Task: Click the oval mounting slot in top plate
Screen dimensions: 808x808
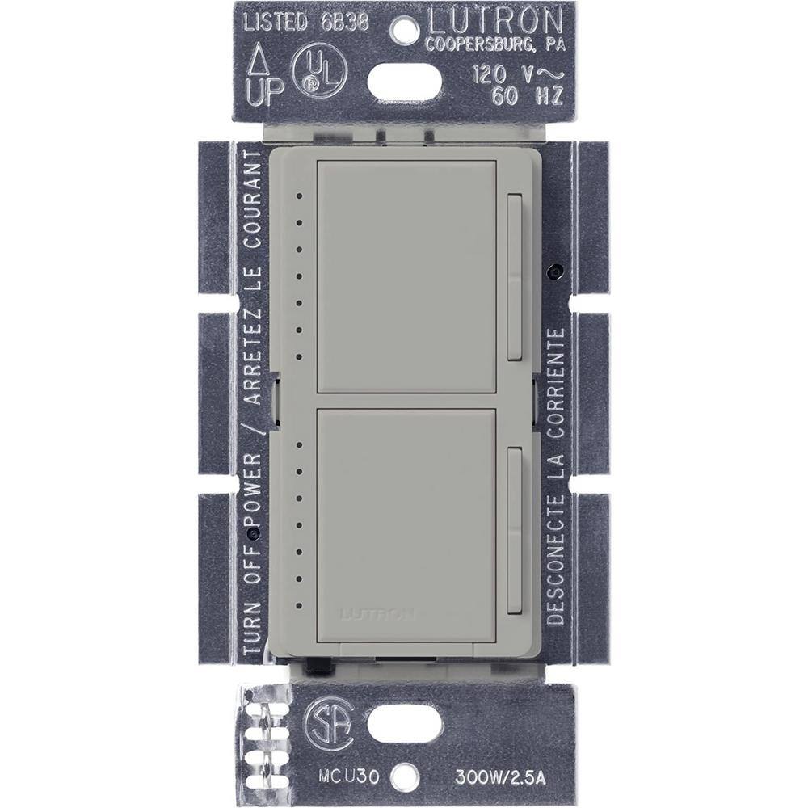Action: (x=405, y=81)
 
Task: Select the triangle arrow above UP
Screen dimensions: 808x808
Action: (x=259, y=57)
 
